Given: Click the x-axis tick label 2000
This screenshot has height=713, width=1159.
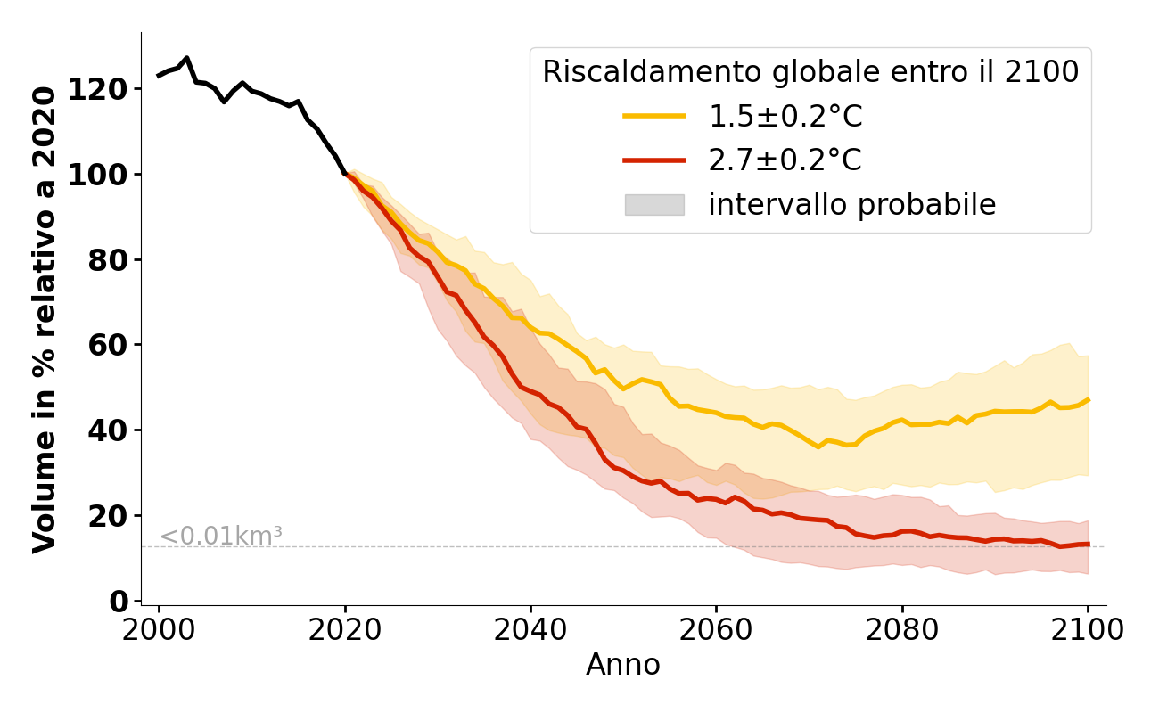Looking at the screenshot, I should click(159, 631).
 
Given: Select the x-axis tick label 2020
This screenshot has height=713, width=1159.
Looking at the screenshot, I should click(345, 631).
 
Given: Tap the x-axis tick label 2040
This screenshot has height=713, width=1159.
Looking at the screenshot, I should click(530, 631).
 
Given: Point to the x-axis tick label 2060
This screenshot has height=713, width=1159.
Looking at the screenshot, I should click(716, 631).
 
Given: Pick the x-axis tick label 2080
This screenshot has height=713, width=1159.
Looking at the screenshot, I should click(902, 631).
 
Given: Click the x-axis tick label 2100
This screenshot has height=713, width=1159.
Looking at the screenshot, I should click(1088, 631).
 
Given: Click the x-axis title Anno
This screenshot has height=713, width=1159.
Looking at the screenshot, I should click(623, 666).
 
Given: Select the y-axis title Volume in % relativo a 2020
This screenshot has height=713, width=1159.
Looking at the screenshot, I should click(45, 318).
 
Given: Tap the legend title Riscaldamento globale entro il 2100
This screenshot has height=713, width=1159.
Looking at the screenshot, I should click(810, 72).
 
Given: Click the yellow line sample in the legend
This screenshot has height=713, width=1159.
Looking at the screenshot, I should click(654, 116).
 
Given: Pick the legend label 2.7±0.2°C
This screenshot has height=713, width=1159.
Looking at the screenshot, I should click(785, 160).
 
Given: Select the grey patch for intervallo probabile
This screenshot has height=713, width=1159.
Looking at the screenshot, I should click(654, 205).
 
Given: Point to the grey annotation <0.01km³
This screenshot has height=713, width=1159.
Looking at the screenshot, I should click(221, 537).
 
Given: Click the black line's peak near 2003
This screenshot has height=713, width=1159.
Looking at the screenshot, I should click(186, 58).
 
